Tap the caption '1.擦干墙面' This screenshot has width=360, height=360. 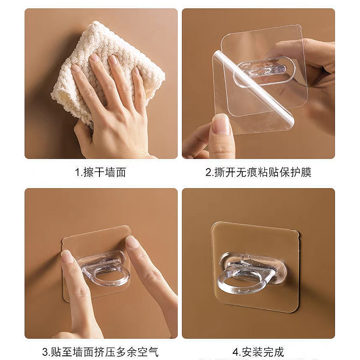click(x=101, y=172)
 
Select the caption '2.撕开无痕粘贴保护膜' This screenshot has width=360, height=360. click(x=258, y=172)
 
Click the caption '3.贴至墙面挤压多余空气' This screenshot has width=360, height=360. click(x=101, y=352)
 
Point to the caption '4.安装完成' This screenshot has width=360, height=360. click(x=258, y=352)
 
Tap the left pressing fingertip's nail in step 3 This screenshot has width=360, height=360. click(x=67, y=256)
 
